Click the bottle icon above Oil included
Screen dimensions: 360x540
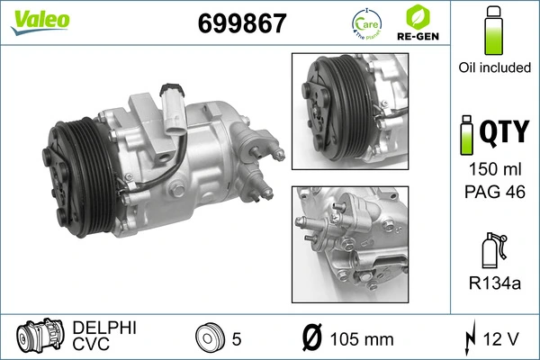(x=492, y=32)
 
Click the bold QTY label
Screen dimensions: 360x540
(x=505, y=132)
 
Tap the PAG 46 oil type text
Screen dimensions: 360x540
(x=492, y=191)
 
